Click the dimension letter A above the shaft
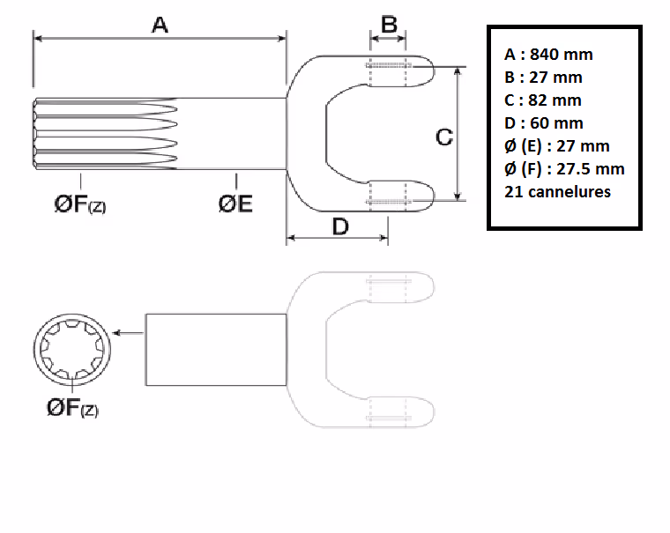tap(160, 25)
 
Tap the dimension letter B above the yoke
tap(388, 24)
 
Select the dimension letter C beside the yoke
tap(444, 137)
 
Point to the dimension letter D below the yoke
tap(339, 226)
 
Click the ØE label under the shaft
tap(235, 204)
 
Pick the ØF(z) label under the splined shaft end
tap(79, 205)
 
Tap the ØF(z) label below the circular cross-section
tap(73, 407)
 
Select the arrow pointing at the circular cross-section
tap(130, 333)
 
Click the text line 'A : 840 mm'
tap(548, 54)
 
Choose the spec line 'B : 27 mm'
tap(543, 78)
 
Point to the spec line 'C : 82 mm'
tap(543, 100)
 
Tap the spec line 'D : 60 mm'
tap(544, 123)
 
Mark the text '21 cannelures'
tap(557, 192)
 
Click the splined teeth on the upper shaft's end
tap(106, 133)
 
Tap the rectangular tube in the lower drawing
tap(216, 349)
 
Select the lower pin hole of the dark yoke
tap(389, 195)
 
